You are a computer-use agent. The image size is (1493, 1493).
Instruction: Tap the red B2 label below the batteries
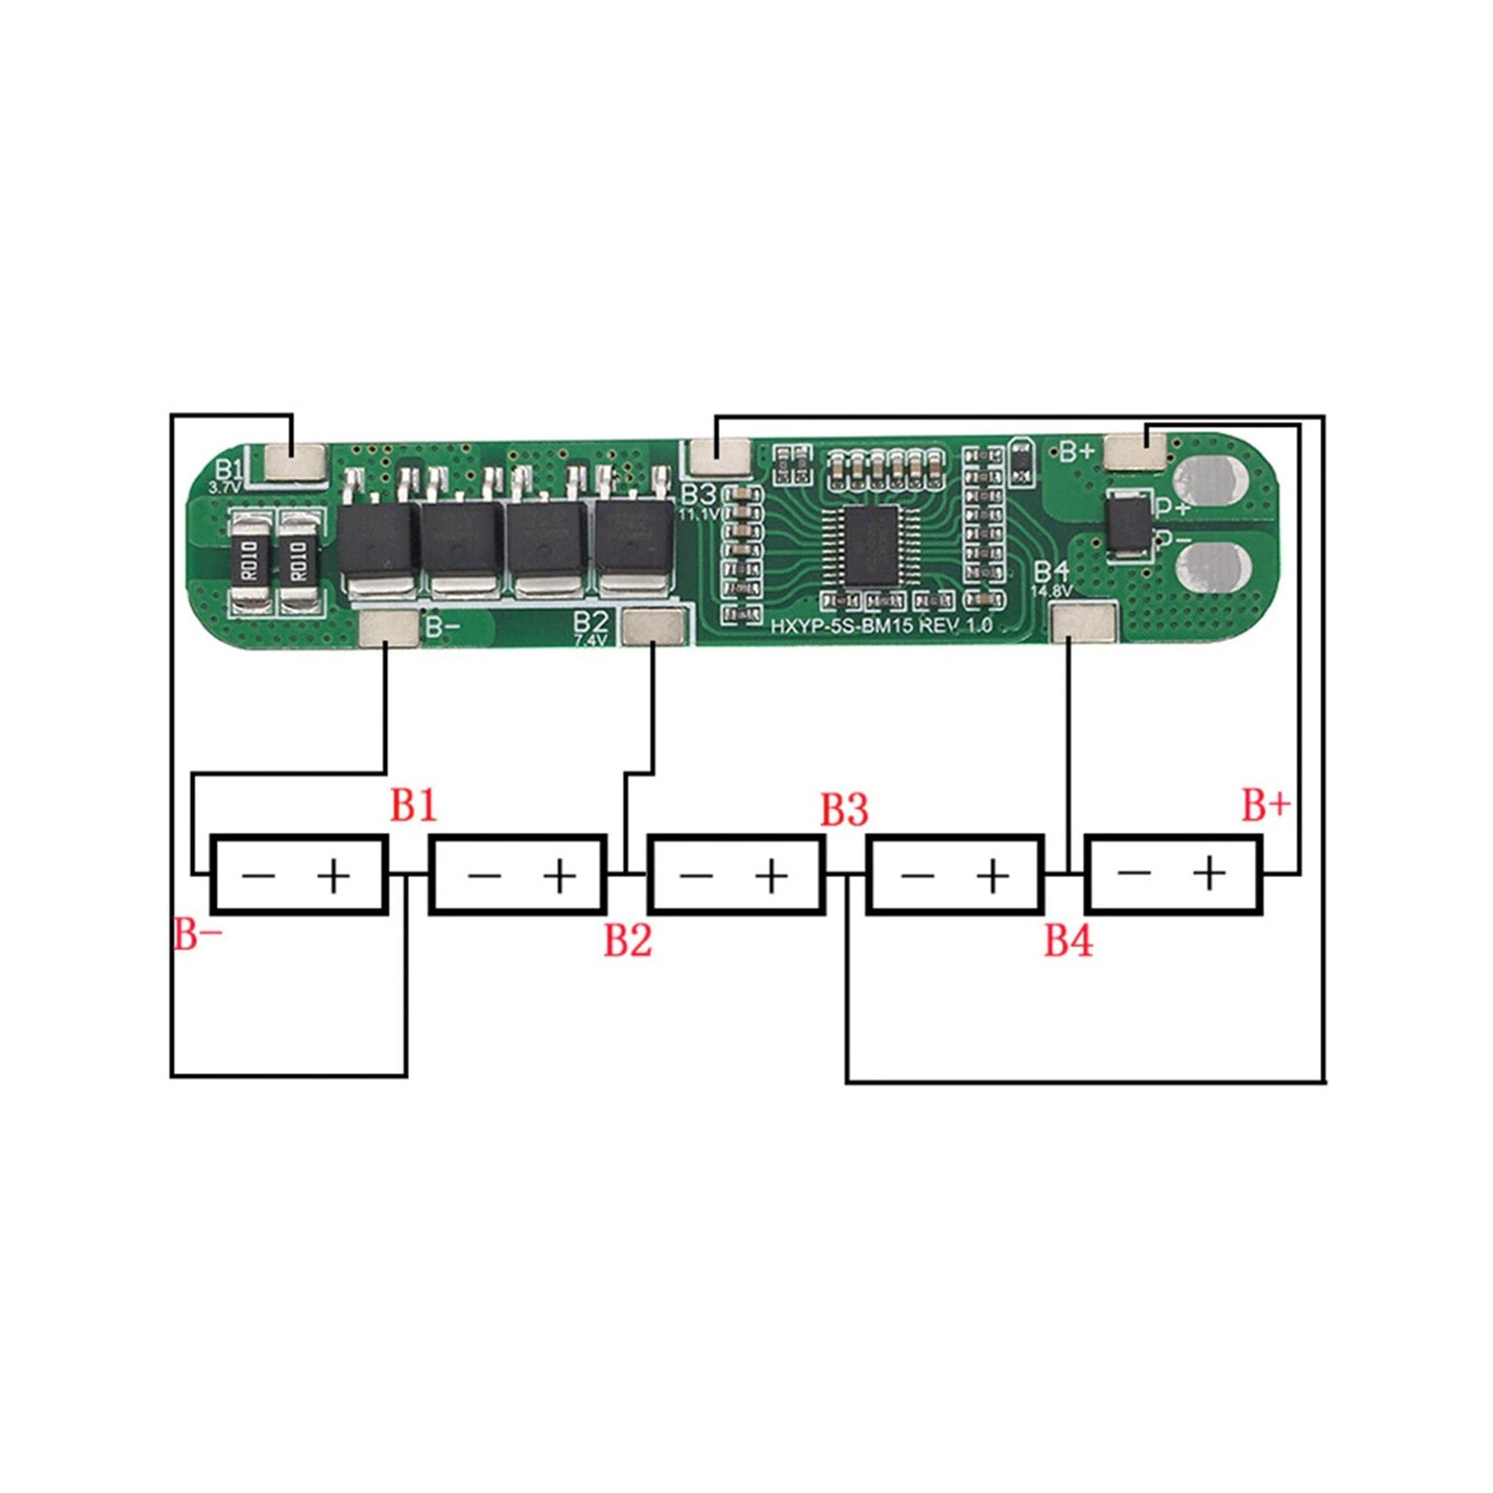point(627,940)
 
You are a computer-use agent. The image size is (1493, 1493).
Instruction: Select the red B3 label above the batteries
point(844,809)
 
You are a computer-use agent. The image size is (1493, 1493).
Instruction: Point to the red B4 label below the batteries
point(1067,940)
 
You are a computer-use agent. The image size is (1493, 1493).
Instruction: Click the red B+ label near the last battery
point(1265,805)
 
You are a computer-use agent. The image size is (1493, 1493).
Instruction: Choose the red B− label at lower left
point(198,934)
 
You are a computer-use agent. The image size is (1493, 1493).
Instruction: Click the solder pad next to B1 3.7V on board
point(295,461)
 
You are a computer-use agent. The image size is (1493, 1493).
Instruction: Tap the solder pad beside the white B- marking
point(388,627)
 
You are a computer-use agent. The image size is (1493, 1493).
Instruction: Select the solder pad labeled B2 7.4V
point(652,625)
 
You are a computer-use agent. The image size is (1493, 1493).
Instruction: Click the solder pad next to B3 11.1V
point(721,456)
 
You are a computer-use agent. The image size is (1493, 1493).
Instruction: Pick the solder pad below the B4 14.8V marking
point(1082,622)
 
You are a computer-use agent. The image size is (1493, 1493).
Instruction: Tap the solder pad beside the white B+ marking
point(1135,453)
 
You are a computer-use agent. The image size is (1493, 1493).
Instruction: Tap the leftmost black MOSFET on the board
point(377,539)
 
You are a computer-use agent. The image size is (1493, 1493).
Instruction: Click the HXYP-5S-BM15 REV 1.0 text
point(881,626)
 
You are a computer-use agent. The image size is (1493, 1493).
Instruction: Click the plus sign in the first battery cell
point(333,875)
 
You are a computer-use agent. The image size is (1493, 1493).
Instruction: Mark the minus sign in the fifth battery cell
point(1133,873)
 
